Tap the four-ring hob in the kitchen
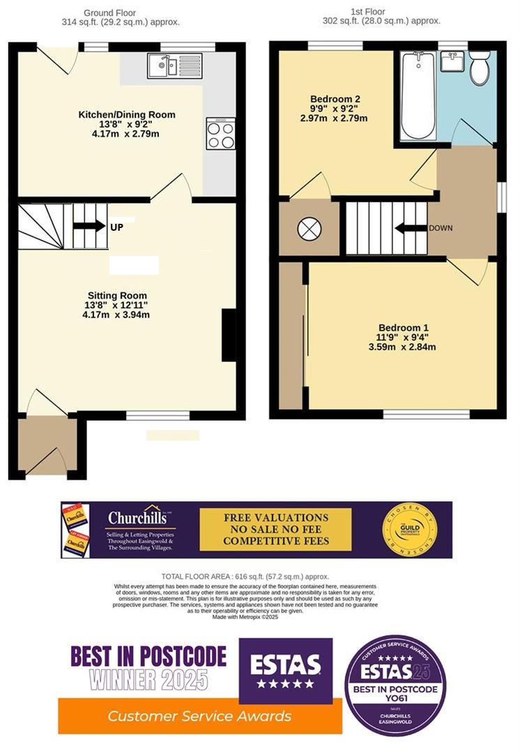tap(220, 134)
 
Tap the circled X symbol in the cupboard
tap(307, 228)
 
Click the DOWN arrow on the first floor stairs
tap(409, 228)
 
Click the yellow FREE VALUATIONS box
tap(275, 530)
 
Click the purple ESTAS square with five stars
tap(285, 670)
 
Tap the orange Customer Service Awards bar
tap(200, 716)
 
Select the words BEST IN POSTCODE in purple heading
tap(148, 656)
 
